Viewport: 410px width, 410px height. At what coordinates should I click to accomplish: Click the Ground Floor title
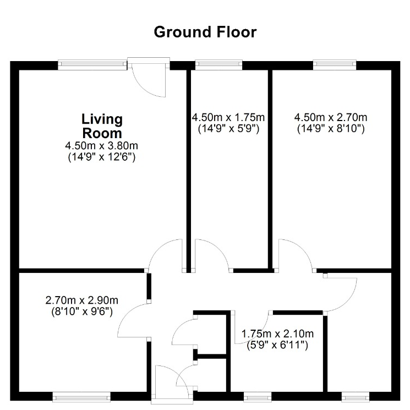[205, 32]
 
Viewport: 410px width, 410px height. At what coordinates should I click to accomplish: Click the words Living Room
[102, 126]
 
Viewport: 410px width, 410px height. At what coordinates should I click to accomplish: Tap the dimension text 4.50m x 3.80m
[102, 145]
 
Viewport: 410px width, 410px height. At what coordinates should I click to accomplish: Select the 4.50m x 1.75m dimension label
[228, 117]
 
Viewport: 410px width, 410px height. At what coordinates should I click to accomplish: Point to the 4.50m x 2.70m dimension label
[331, 117]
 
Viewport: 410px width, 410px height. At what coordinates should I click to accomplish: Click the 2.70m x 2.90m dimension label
[82, 300]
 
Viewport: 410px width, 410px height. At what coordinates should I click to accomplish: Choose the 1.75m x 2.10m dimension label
[277, 334]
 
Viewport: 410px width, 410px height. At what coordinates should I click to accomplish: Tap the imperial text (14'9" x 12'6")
[102, 157]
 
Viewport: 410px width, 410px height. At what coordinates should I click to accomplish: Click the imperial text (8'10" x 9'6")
[82, 311]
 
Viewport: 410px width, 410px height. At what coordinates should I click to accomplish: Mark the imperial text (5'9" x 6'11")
[277, 346]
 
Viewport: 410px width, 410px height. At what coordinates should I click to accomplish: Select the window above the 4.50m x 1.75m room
[219, 65]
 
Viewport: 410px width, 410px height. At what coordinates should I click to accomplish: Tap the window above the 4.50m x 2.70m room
[335, 65]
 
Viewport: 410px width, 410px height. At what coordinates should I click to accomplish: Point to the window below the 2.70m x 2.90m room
[81, 396]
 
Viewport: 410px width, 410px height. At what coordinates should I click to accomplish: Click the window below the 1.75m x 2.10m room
[258, 396]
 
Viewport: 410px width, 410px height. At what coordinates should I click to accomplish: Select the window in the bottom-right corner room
[356, 396]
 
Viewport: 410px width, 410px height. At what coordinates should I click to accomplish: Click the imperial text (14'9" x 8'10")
[331, 129]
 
